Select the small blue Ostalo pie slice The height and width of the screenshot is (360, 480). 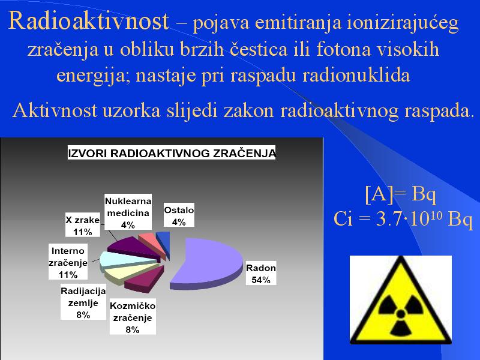coord(164,241)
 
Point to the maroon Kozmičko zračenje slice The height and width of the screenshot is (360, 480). coord(144,279)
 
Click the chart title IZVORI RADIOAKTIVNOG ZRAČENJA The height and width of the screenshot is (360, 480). coord(172,153)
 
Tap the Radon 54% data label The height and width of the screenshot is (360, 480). coord(261,274)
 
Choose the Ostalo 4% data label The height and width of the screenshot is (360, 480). coord(179,215)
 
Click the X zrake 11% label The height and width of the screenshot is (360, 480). coord(83,226)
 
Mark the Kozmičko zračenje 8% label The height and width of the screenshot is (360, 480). coord(133,317)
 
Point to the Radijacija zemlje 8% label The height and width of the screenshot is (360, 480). coord(83,302)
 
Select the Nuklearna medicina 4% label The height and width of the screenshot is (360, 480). coord(128,212)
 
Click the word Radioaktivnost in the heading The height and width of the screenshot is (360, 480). coord(89,21)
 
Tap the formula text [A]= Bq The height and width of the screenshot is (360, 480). coord(400,193)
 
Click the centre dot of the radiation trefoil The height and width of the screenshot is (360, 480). coord(400,313)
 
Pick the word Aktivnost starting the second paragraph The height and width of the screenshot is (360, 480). coord(55,110)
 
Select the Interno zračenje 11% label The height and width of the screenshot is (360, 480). coord(68,262)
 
